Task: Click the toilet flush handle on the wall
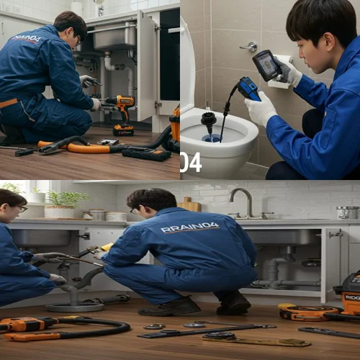pyautogui.click(x=250, y=47)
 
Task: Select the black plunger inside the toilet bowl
pyautogui.click(x=209, y=119)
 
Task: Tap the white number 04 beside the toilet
pyautogui.click(x=191, y=162)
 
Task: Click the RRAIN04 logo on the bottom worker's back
pyautogui.click(x=189, y=228)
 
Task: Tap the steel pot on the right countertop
pyautogui.click(x=347, y=212)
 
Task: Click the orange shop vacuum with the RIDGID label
pyautogui.click(x=351, y=292)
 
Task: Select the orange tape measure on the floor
pyautogui.click(x=298, y=312)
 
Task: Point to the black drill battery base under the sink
pyautogui.click(x=124, y=130)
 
